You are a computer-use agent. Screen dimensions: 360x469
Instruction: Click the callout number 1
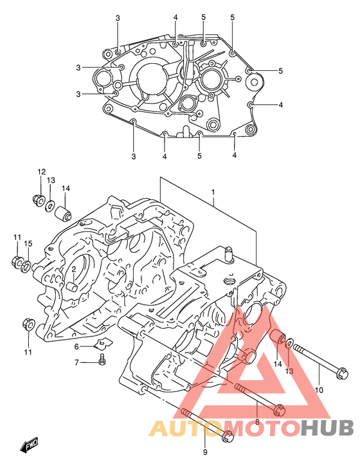[x=213, y=192]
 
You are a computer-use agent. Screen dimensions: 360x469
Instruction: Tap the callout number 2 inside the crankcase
[x=73, y=269]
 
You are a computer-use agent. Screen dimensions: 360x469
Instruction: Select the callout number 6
[x=76, y=346]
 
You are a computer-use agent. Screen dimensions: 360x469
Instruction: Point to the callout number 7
[x=77, y=363]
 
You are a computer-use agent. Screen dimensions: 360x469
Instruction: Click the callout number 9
[x=205, y=452]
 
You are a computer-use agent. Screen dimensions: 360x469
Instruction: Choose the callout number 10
[x=319, y=390]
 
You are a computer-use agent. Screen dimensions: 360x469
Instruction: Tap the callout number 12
[x=42, y=172]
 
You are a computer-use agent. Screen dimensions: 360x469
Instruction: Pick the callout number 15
[x=28, y=244]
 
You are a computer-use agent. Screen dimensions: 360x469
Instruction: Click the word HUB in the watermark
[x=327, y=428]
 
